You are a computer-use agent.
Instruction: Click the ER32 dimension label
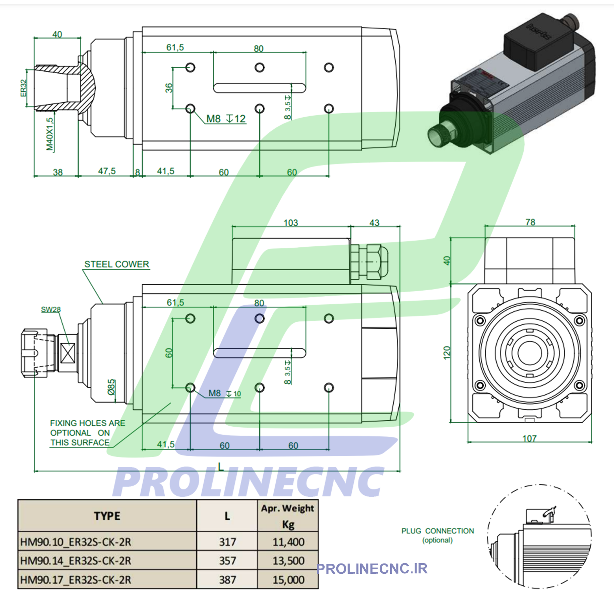[23, 88]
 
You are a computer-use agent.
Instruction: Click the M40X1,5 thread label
[50, 134]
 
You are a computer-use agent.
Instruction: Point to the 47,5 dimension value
[107, 171]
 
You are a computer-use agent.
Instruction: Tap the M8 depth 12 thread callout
[226, 119]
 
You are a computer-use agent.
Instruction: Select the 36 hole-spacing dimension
[169, 88]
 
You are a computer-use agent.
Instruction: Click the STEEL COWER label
[117, 264]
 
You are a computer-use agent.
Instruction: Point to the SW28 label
[51, 309]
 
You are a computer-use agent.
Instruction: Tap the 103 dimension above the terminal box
[291, 223]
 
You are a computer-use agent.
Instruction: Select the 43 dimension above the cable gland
[374, 223]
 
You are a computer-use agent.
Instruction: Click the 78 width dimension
[530, 222]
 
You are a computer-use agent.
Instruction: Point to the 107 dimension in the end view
[529, 438]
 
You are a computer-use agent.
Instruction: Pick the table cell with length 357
[227, 560]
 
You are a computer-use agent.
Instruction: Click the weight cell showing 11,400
[288, 542]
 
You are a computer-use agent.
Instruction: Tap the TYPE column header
[107, 516]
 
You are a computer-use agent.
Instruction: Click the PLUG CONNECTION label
[438, 531]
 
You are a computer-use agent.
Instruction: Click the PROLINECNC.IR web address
[372, 569]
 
